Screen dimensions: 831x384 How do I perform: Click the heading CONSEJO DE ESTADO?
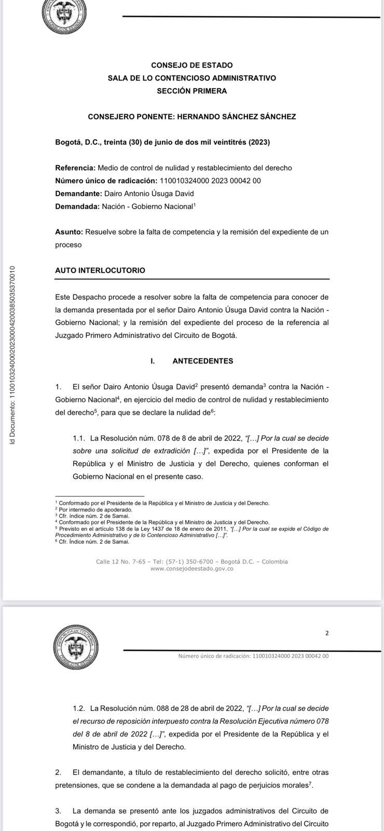point(191,65)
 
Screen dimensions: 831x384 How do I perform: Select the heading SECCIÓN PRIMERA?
point(191,91)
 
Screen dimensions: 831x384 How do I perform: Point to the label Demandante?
point(78,194)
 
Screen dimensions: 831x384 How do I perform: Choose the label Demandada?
point(77,207)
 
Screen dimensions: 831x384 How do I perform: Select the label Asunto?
point(69,232)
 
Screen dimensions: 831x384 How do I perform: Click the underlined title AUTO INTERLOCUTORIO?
point(100,271)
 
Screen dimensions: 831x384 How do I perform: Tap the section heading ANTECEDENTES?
point(202,361)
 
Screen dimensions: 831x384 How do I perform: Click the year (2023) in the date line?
point(259,142)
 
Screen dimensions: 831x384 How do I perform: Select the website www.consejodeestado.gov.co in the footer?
point(191,569)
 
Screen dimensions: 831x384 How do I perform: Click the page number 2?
point(327,633)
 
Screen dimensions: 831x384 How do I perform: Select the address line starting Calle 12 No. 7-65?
point(191,561)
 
